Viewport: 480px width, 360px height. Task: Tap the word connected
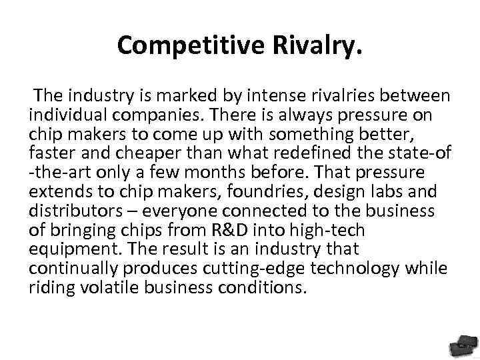tap(237, 211)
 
